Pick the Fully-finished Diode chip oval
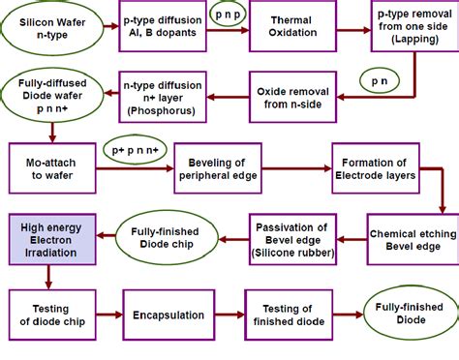tap(159, 240)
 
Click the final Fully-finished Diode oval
tap(406, 313)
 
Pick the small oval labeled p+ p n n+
tap(135, 153)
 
